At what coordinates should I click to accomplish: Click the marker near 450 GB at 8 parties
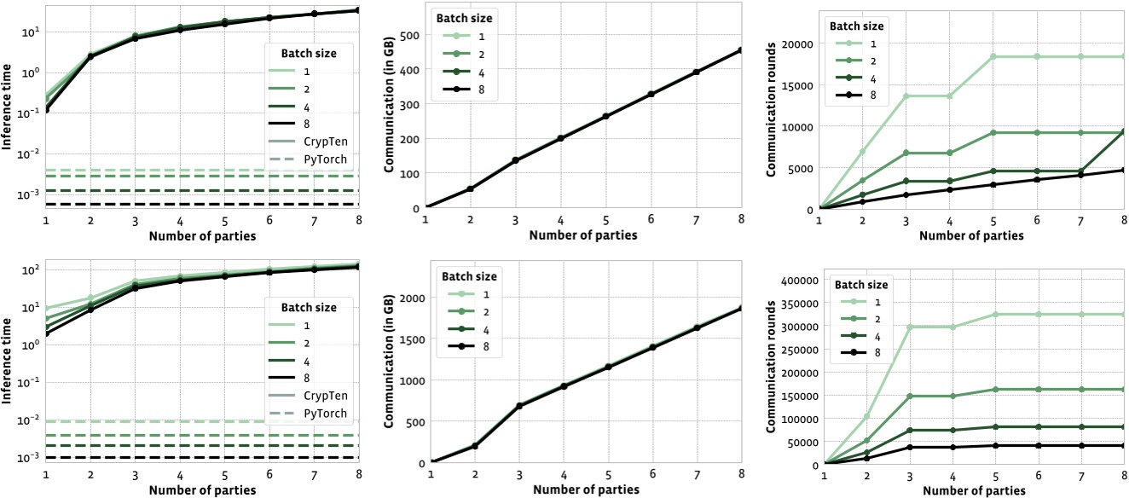(741, 50)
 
